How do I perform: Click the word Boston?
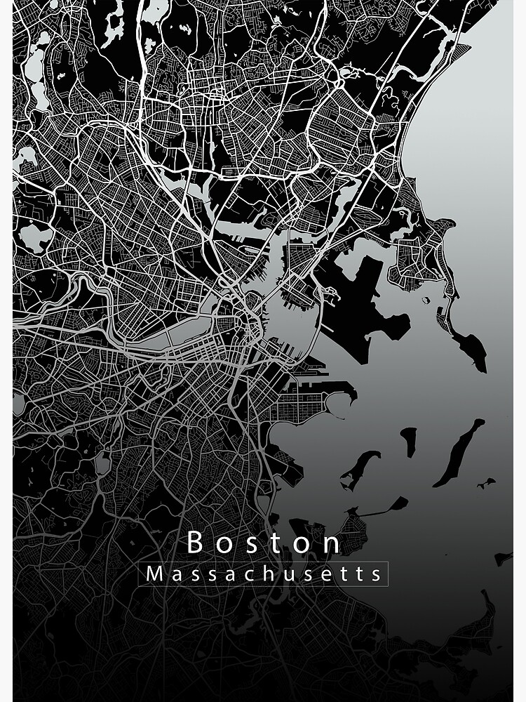tap(264, 543)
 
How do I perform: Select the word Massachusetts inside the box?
tap(264, 574)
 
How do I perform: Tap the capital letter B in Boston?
tap(196, 543)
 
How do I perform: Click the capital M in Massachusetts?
tap(154, 574)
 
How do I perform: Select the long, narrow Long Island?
tap(459, 453)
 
